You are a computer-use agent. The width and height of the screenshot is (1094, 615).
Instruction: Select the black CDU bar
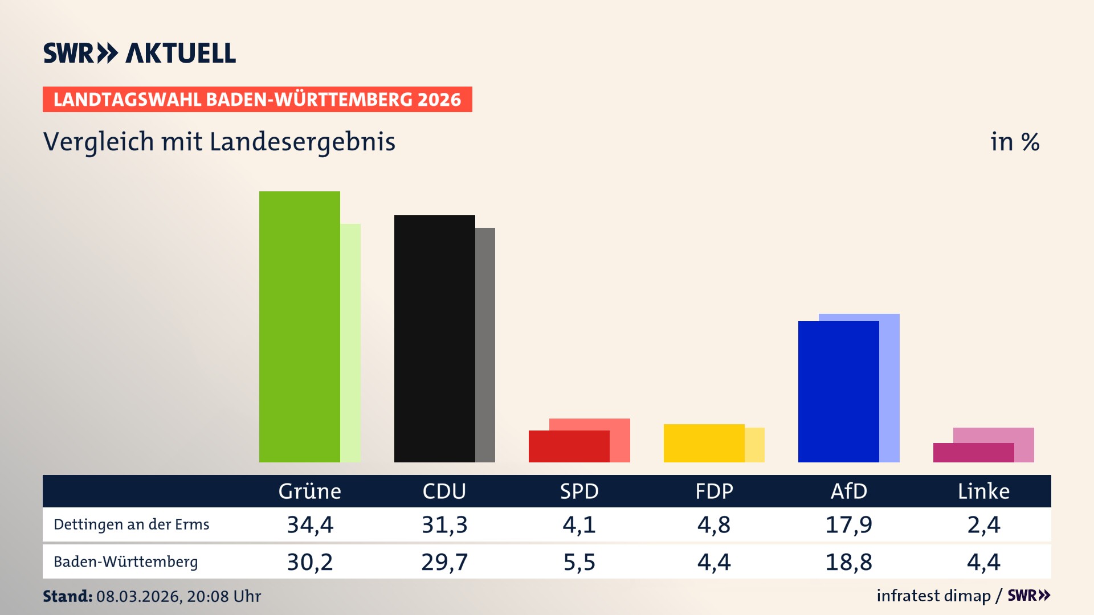coord(434,338)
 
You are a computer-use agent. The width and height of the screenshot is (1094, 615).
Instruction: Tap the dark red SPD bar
coord(569,446)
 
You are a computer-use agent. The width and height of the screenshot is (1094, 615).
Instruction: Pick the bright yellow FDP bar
coord(704,443)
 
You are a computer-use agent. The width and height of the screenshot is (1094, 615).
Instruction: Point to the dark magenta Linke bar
coord(973,453)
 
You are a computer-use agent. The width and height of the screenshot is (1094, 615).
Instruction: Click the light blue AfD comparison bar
coord(889,387)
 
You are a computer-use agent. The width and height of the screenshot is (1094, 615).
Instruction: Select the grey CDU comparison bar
coord(485,345)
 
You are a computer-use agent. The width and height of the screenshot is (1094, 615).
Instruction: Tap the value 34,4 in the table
coord(309,524)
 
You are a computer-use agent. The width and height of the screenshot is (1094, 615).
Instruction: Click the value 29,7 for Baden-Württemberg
coord(444,562)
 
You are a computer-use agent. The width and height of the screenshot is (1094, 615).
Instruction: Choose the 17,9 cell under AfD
coord(848,524)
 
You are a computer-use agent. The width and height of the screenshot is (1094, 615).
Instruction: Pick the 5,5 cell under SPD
coord(579,562)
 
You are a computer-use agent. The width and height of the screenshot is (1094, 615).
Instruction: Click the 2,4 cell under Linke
coord(983,524)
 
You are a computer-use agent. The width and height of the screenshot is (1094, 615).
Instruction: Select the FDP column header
coord(714,491)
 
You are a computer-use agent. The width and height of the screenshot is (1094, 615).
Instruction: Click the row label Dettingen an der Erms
coord(131,524)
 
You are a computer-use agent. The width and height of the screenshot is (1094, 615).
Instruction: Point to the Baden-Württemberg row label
coord(125,562)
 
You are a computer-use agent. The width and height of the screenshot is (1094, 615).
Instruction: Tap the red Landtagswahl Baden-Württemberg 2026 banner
coord(257,99)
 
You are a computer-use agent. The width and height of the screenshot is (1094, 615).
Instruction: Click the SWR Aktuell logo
coord(139,53)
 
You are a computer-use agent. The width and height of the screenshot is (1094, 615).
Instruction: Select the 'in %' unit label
coord(1014,142)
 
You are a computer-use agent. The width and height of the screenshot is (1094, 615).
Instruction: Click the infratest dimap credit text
coord(933,596)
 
